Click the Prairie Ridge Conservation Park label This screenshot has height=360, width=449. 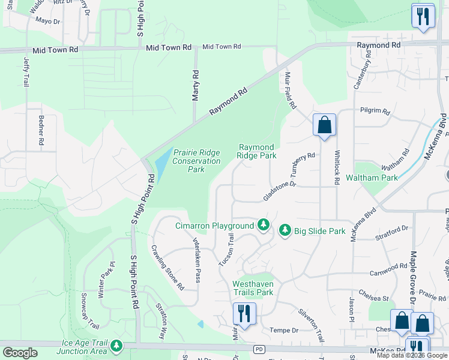pos(197,161)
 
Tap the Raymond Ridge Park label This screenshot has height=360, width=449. pos(257,151)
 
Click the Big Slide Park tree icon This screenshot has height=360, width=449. pos(285,230)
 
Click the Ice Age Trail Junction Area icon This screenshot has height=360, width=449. pos(116,346)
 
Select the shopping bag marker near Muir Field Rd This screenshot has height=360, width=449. pos(324,125)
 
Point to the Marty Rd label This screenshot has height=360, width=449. pos(195,86)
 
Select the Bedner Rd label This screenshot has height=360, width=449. pos(41,133)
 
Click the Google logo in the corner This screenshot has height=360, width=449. pos(20,353)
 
